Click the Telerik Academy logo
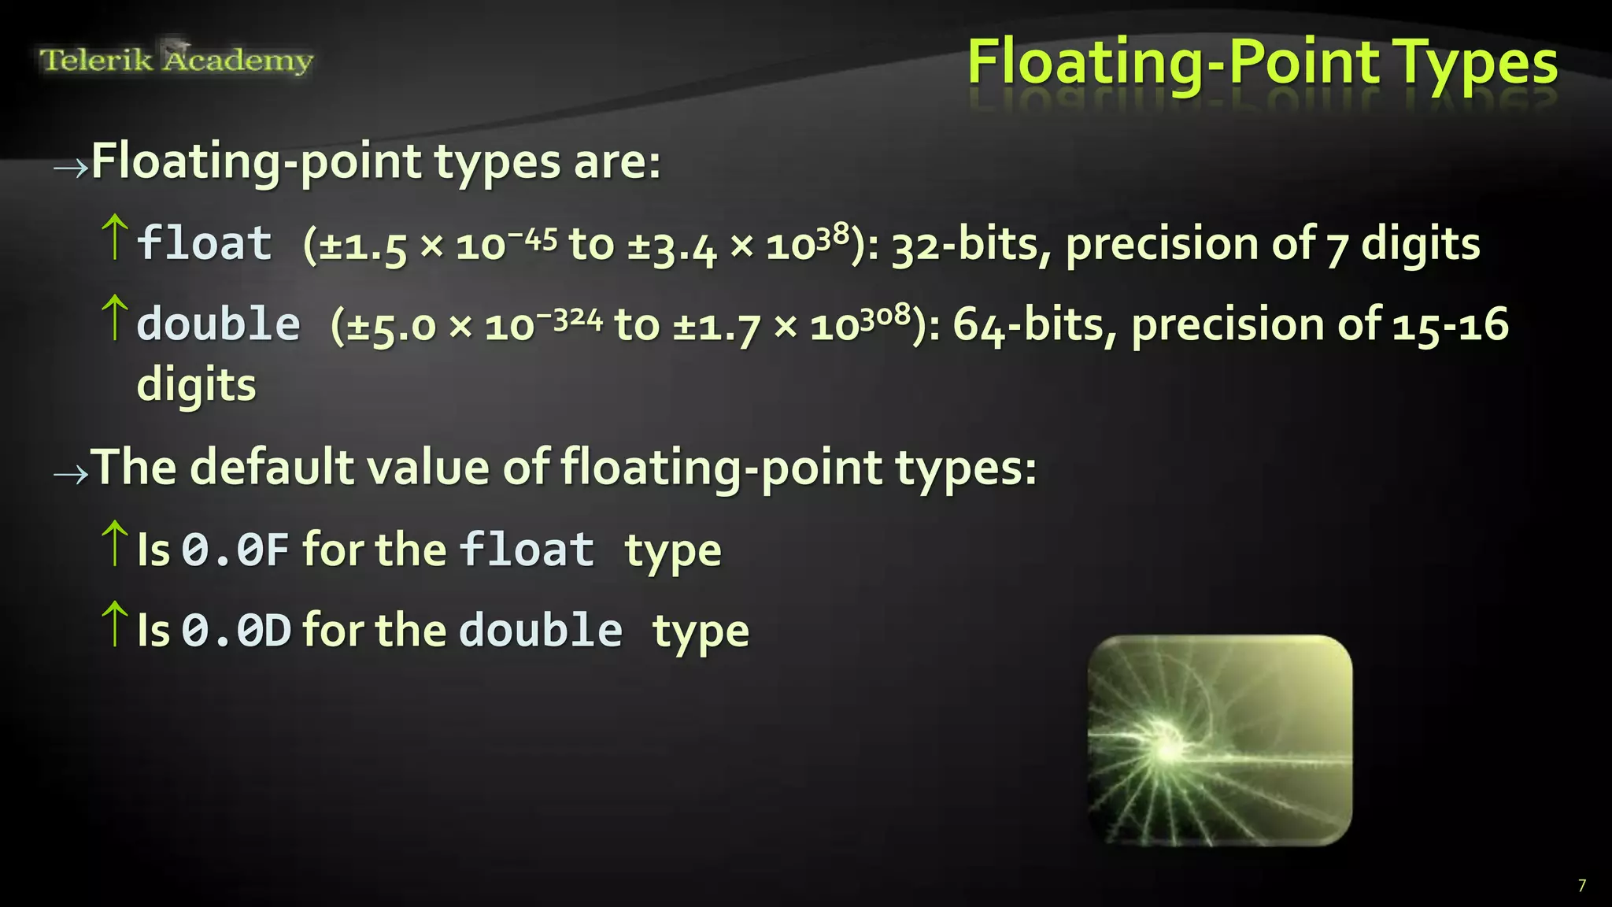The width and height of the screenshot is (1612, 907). click(x=176, y=60)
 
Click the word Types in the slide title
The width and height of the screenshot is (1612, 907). click(x=1475, y=63)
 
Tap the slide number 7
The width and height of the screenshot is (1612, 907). click(x=1581, y=886)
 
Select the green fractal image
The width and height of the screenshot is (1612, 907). click(x=1220, y=741)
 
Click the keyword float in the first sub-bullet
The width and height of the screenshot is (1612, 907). click(x=205, y=243)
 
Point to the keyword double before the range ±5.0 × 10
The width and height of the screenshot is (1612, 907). click(x=219, y=324)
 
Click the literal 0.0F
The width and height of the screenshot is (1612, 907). click(x=235, y=550)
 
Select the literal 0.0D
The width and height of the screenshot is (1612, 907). click(x=236, y=631)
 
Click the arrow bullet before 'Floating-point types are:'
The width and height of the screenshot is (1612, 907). click(x=70, y=168)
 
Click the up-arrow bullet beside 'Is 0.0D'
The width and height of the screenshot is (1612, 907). click(x=115, y=624)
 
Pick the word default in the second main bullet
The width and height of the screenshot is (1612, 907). click(x=272, y=468)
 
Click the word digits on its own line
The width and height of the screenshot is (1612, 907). click(x=197, y=386)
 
